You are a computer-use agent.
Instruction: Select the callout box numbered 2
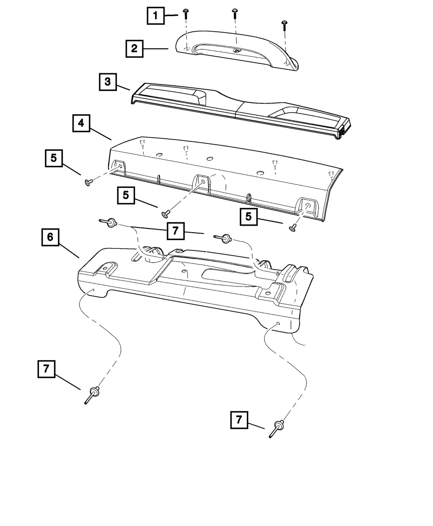[x=134, y=49]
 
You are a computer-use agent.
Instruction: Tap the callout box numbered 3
[x=107, y=82]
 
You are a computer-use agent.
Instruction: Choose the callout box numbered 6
[x=50, y=237]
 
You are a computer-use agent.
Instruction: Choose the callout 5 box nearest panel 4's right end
[x=249, y=216]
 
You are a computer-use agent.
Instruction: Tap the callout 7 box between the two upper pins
[x=175, y=231]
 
